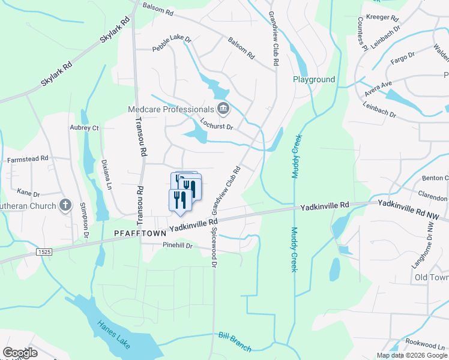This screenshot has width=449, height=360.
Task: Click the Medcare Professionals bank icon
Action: pos(223,109)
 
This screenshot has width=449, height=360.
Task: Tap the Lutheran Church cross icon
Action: pos(65,205)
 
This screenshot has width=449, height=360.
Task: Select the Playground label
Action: pos(313,79)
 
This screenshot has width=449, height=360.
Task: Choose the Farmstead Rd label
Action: pos(28,160)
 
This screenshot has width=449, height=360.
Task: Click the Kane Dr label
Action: pos(28,193)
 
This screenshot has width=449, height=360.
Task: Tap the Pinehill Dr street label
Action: pos(177,245)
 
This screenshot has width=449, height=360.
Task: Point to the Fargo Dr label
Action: pos(403,57)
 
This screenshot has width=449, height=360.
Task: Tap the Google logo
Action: pos(20,353)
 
